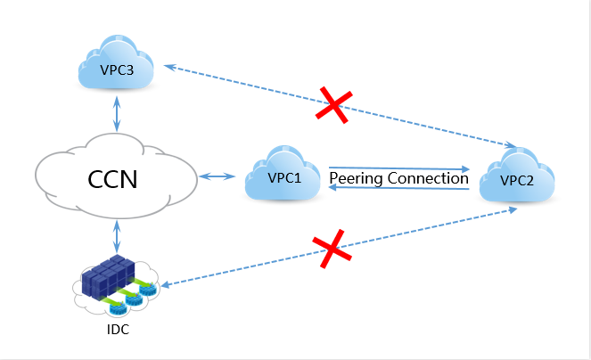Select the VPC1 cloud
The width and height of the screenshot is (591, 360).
tap(284, 176)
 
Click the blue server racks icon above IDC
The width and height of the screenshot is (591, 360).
tap(106, 277)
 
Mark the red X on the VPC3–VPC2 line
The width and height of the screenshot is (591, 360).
tap(332, 106)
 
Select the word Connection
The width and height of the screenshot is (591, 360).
tap(429, 178)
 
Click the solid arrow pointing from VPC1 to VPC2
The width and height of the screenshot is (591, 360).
tap(399, 167)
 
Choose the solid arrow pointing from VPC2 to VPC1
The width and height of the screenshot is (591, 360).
tap(399, 189)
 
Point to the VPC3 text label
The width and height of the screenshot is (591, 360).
tap(114, 70)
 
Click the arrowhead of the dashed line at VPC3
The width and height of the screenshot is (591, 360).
tap(167, 66)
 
